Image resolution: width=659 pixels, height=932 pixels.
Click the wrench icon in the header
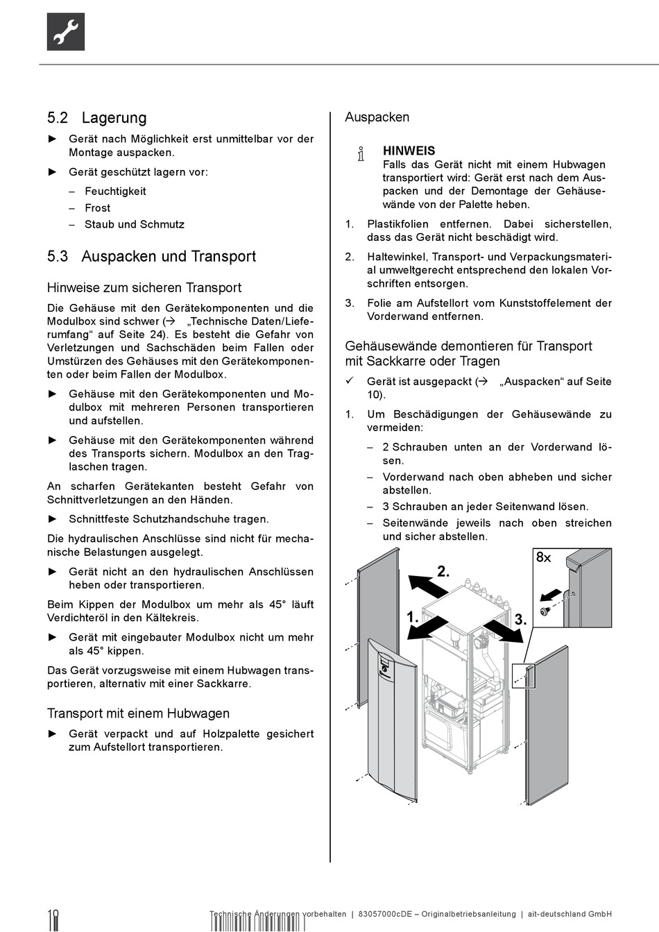coord(66,32)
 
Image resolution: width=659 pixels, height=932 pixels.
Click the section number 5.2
coord(58,118)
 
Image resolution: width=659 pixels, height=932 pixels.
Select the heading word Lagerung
coord(114,118)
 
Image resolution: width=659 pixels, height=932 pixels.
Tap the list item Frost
coord(97,208)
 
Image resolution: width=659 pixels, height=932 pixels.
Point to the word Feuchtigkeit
coord(115,192)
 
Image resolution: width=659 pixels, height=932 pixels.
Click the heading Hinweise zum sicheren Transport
coord(144,287)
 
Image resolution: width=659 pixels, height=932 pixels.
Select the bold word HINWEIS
coord(409,151)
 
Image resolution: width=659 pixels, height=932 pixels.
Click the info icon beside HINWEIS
coord(361,154)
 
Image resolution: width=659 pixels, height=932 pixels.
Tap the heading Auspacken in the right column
coord(377,117)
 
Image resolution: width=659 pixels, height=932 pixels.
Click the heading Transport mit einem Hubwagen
coord(138,713)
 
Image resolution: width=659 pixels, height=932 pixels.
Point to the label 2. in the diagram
coord(443,572)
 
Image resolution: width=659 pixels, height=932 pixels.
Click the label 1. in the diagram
coord(413,617)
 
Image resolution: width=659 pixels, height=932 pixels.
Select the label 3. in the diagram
coord(521,620)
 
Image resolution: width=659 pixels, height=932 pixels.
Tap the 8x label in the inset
coord(543,557)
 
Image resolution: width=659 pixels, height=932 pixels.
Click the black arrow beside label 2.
coord(428,585)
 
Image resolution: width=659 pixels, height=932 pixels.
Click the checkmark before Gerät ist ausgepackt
coord(350,381)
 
